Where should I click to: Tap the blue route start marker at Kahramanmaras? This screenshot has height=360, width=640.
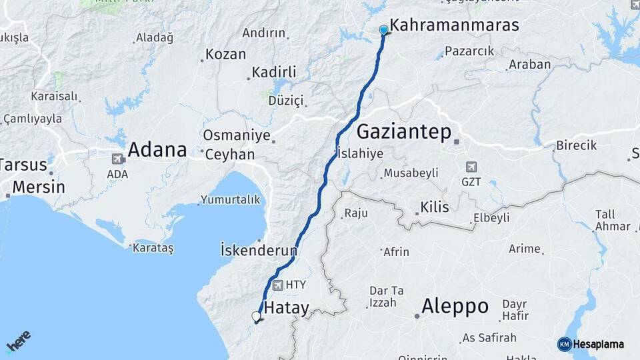[383, 30]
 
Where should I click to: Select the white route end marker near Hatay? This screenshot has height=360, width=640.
[256, 316]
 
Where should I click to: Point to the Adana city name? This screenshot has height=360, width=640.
[157, 149]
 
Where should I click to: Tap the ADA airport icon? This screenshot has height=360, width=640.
[118, 159]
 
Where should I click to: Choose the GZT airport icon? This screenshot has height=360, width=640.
[472, 167]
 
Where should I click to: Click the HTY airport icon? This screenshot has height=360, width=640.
[277, 285]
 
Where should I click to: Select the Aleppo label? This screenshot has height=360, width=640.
[455, 306]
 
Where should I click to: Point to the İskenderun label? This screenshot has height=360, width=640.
[259, 250]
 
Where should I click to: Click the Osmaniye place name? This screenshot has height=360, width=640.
[236, 135]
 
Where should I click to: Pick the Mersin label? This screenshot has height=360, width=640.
[39, 186]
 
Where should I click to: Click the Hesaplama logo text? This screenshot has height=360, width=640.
[599, 344]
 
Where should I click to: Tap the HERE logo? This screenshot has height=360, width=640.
[19, 341]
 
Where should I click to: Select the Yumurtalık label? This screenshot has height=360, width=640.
[229, 199]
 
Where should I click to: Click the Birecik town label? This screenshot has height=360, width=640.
[577, 145]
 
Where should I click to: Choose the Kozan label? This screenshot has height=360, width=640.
[225, 55]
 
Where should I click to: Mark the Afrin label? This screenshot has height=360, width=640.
[396, 252]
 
